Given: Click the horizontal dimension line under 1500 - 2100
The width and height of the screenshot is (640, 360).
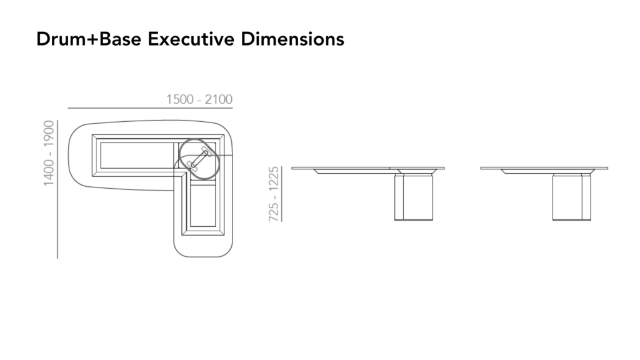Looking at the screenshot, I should click(x=150, y=108).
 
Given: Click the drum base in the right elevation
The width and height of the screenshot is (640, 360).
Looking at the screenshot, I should click(x=571, y=197).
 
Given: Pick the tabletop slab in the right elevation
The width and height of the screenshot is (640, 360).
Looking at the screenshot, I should click(x=544, y=168).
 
